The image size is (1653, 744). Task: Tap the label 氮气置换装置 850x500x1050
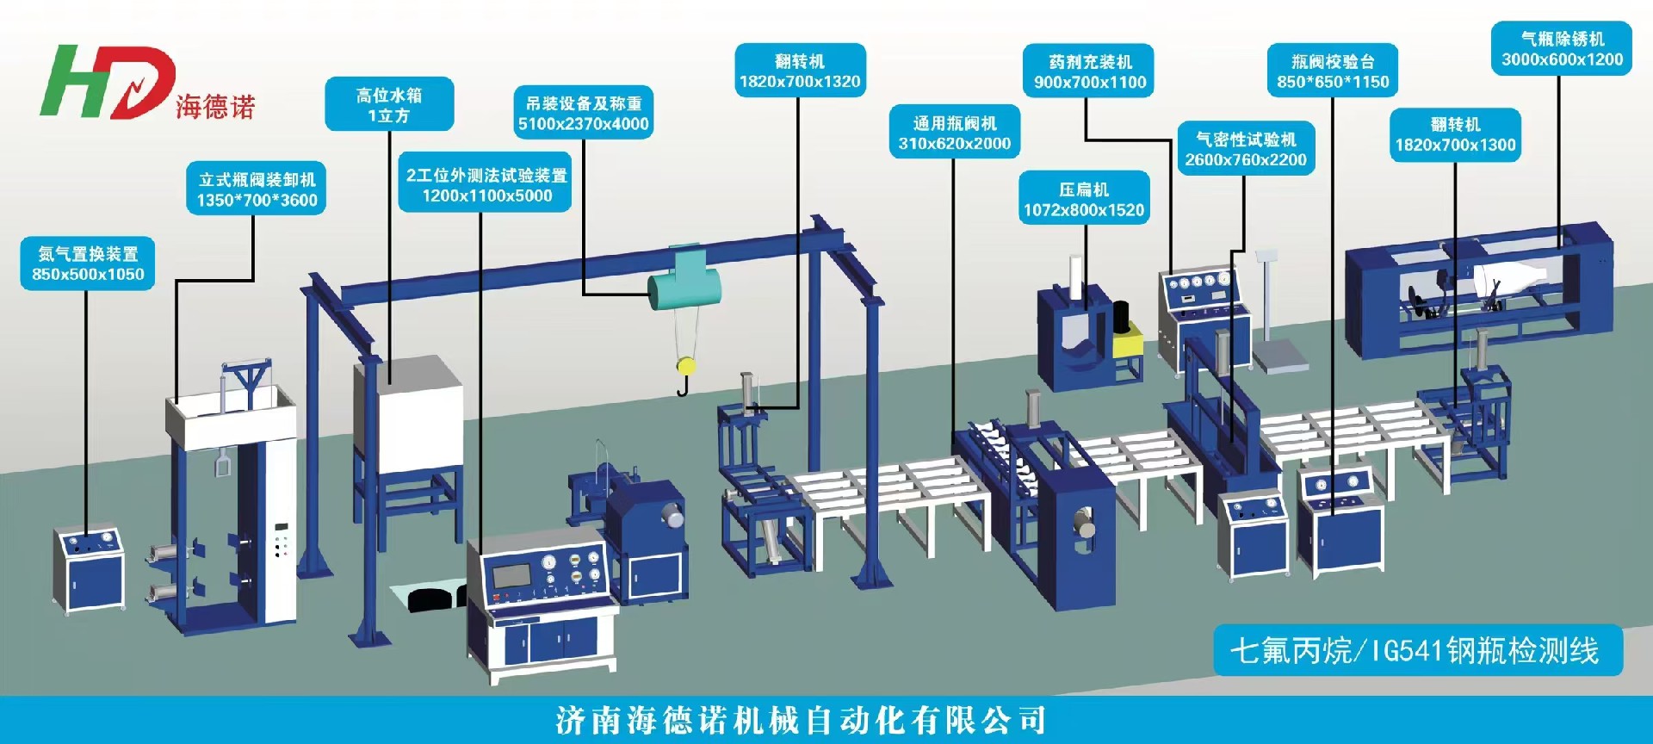click(x=88, y=263)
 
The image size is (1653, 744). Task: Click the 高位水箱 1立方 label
click(x=389, y=105)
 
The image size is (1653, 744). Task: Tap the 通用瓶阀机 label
click(x=954, y=133)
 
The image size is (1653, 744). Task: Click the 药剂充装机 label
click(x=1089, y=71)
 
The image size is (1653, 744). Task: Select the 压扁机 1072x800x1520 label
click(x=1084, y=199)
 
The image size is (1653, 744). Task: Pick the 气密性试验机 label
click(x=1245, y=149)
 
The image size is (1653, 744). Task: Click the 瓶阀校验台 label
click(x=1333, y=71)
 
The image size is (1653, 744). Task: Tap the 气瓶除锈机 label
click(x=1562, y=49)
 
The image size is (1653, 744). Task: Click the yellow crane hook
click(x=685, y=367)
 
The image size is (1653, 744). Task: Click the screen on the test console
click(x=511, y=575)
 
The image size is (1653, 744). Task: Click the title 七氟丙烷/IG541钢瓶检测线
click(x=1416, y=651)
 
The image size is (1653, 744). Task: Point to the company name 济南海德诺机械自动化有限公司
click(x=801, y=720)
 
